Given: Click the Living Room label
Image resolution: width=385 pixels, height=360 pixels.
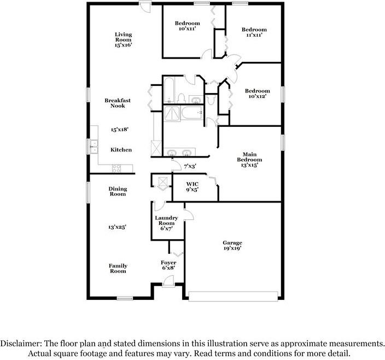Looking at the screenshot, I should (123, 39).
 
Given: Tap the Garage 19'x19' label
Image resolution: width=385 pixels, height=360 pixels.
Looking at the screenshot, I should (232, 245).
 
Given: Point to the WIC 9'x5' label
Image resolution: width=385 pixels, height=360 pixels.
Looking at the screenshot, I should (191, 187).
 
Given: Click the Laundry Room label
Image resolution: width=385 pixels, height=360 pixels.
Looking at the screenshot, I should (167, 223).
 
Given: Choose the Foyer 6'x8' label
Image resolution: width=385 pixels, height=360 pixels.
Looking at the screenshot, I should (168, 265).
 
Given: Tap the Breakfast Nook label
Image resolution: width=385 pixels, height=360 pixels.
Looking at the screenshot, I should (118, 103).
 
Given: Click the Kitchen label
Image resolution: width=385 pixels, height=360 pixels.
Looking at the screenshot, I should (121, 150).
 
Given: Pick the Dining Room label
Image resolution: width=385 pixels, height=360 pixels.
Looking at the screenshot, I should (118, 191).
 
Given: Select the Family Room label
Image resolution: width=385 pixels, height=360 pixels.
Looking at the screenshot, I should (118, 268).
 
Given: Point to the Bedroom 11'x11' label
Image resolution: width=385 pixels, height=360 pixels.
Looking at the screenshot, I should (254, 32).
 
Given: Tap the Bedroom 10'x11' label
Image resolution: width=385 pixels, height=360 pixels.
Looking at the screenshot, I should (188, 26).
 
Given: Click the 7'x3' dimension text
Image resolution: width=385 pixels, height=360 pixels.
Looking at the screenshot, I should (190, 166).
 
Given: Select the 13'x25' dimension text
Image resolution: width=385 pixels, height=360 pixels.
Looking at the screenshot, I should (117, 226).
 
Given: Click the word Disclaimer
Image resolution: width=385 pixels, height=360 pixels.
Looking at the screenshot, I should (21, 344).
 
